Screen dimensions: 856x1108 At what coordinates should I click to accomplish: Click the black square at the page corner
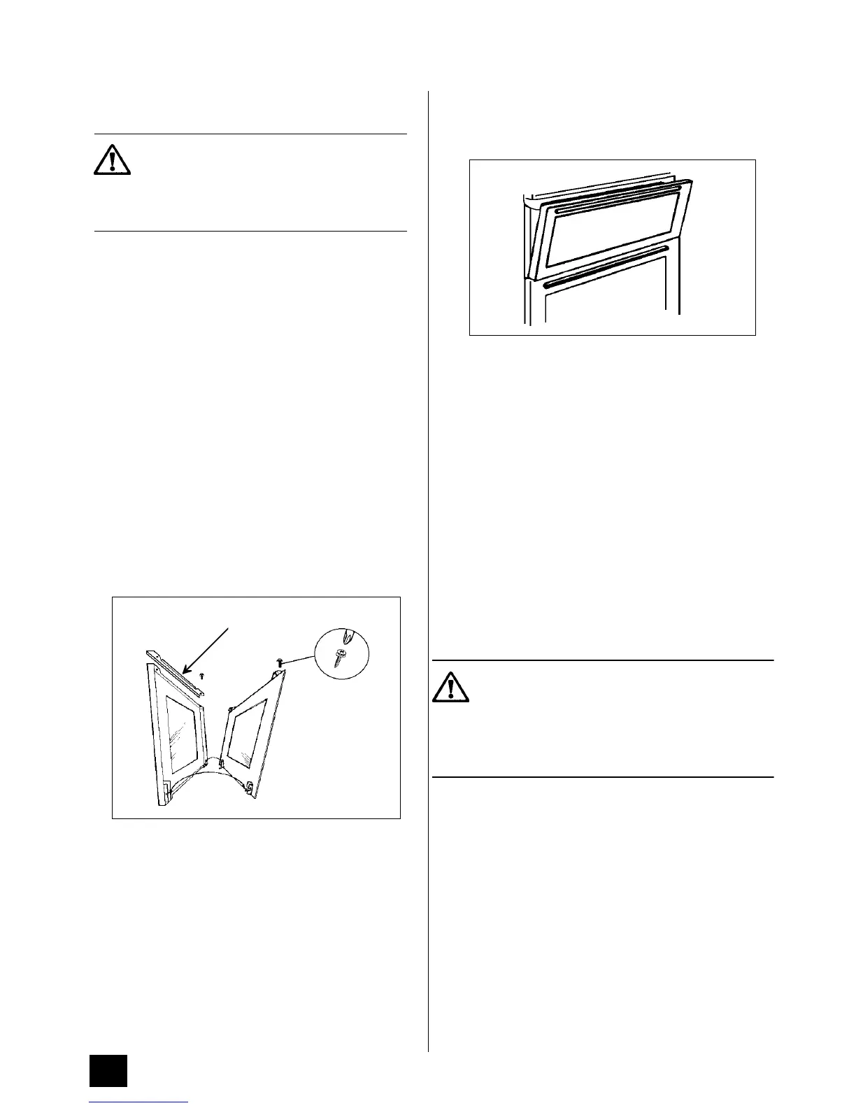(108, 1071)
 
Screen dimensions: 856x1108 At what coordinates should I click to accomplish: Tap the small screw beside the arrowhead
(202, 676)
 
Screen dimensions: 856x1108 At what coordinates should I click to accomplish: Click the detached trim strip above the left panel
(175, 672)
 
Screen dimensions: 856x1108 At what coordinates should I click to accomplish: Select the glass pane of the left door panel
(180, 734)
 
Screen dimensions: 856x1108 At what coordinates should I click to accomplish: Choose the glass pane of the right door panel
(248, 734)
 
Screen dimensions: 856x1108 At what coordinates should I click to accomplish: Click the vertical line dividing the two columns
(428, 560)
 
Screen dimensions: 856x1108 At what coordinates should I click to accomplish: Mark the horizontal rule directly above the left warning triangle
(250, 134)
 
